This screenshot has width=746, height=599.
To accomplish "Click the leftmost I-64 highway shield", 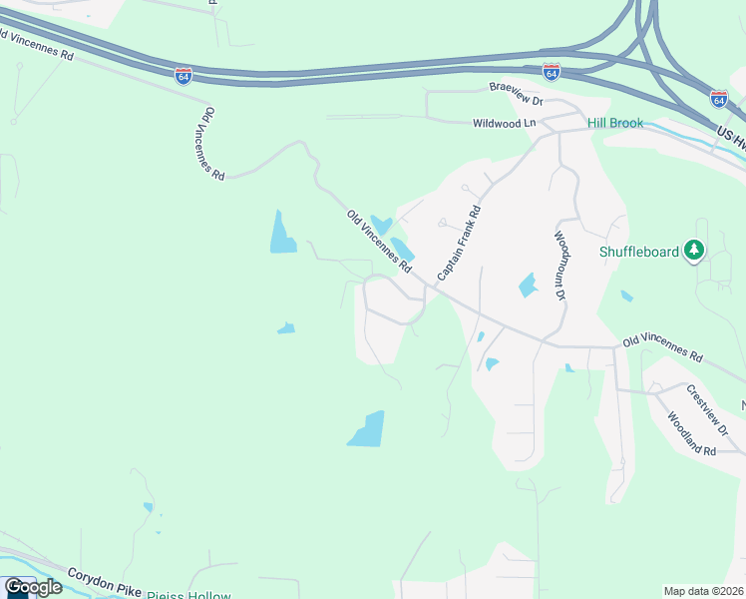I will click(184, 75).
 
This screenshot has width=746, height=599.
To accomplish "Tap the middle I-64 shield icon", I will click(552, 72).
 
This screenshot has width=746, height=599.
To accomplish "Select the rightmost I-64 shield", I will click(719, 98).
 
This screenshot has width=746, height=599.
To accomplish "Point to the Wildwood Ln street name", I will click(504, 123).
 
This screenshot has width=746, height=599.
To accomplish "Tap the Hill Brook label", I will click(615, 123).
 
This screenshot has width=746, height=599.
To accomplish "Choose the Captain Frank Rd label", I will click(460, 242).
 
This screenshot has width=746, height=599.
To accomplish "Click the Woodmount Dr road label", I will click(559, 265).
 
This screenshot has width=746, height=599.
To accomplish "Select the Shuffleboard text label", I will click(638, 252).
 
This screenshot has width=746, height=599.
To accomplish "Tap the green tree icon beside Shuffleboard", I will click(694, 251).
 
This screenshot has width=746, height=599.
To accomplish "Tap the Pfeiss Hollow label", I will click(188, 596).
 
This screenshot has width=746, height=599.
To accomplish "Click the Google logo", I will click(33, 587).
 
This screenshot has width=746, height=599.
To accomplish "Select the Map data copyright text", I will click(704, 591).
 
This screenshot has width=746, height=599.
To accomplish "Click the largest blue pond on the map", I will click(366, 429).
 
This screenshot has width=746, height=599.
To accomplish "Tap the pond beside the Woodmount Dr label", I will click(527, 286).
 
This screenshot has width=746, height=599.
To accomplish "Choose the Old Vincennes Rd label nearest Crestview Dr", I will click(662, 348).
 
